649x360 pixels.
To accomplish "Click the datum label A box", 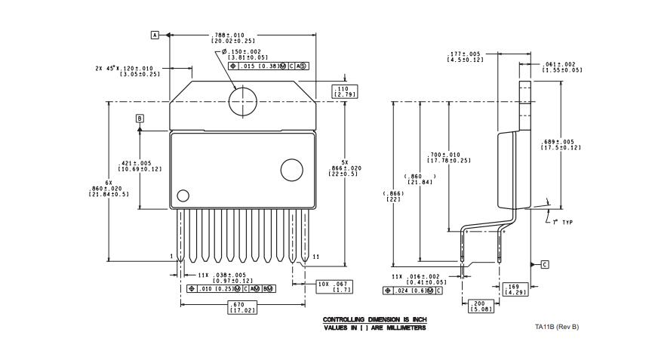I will click(155, 35).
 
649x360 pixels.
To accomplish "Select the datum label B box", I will click(140, 118).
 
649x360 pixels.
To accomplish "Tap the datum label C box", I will click(544, 264).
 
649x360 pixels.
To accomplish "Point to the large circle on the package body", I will click(291, 169).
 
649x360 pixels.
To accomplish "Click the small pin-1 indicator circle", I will click(183, 196).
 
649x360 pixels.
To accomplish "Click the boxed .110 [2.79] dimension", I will click(345, 91).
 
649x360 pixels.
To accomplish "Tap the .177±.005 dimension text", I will click(465, 57).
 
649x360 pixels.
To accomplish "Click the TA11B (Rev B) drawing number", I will click(557, 327).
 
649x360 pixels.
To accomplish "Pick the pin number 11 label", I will click(315, 257).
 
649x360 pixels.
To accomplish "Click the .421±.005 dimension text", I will click(140, 165).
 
